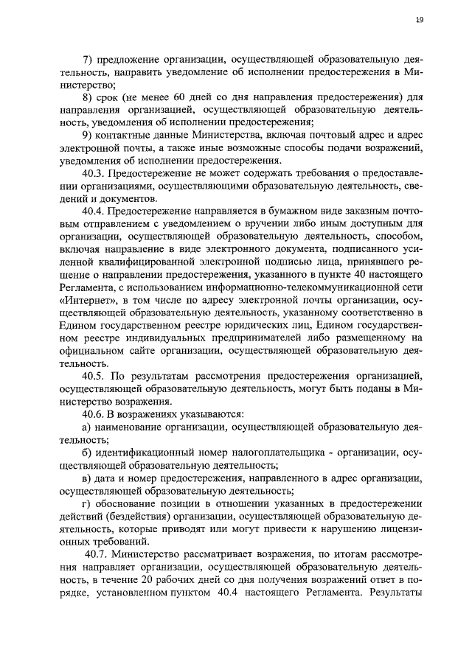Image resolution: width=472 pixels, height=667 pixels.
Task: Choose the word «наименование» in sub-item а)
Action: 132,429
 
